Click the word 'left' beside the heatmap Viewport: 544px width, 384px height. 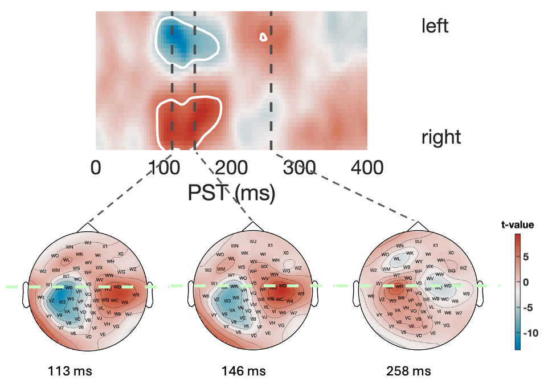pos(435,25)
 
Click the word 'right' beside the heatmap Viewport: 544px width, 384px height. pos(441,137)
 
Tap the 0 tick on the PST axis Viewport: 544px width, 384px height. pos(96,168)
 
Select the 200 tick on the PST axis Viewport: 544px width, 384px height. pos(230,168)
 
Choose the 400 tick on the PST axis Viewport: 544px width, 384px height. pos(367,168)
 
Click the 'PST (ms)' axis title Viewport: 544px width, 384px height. pos(231,193)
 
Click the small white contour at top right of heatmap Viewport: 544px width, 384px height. pos(263,37)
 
